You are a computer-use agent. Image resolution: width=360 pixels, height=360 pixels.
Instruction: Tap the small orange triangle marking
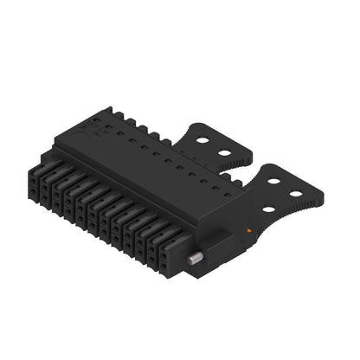251,229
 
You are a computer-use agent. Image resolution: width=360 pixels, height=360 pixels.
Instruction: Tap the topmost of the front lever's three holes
274,178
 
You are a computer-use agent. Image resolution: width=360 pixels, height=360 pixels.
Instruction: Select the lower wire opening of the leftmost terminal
32,184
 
